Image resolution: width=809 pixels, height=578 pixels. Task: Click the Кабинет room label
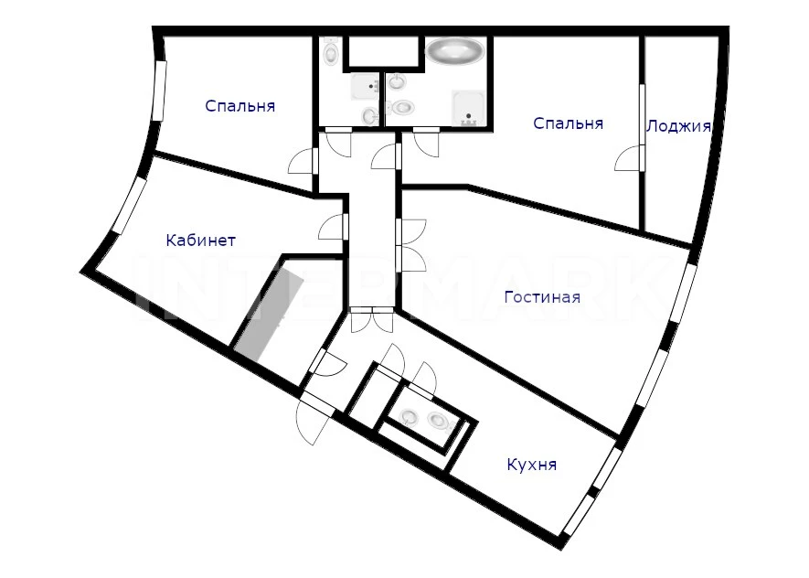click(x=201, y=241)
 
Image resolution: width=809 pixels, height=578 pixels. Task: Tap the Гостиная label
click(x=542, y=297)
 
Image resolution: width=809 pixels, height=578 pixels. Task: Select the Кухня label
click(x=532, y=465)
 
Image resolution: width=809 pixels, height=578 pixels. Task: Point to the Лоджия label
click(x=678, y=126)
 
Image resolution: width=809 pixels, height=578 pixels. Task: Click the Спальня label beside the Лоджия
click(x=568, y=123)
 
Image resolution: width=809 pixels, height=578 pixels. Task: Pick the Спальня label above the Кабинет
click(x=240, y=106)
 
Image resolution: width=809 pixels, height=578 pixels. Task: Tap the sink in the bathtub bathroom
click(x=397, y=81)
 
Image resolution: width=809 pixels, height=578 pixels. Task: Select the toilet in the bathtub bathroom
click(x=402, y=107)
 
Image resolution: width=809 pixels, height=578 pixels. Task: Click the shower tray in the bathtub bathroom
click(x=468, y=108)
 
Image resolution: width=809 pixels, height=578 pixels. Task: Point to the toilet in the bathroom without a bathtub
click(x=331, y=51)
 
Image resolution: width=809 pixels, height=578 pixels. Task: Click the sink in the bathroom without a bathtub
click(x=369, y=115)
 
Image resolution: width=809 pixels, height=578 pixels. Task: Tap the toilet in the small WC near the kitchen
click(x=439, y=421)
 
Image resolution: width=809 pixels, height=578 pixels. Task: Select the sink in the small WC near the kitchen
click(x=410, y=416)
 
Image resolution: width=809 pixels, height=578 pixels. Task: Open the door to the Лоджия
click(x=630, y=158)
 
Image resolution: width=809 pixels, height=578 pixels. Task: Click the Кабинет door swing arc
click(x=330, y=227)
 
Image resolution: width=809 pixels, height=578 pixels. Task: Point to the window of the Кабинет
click(x=129, y=206)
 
